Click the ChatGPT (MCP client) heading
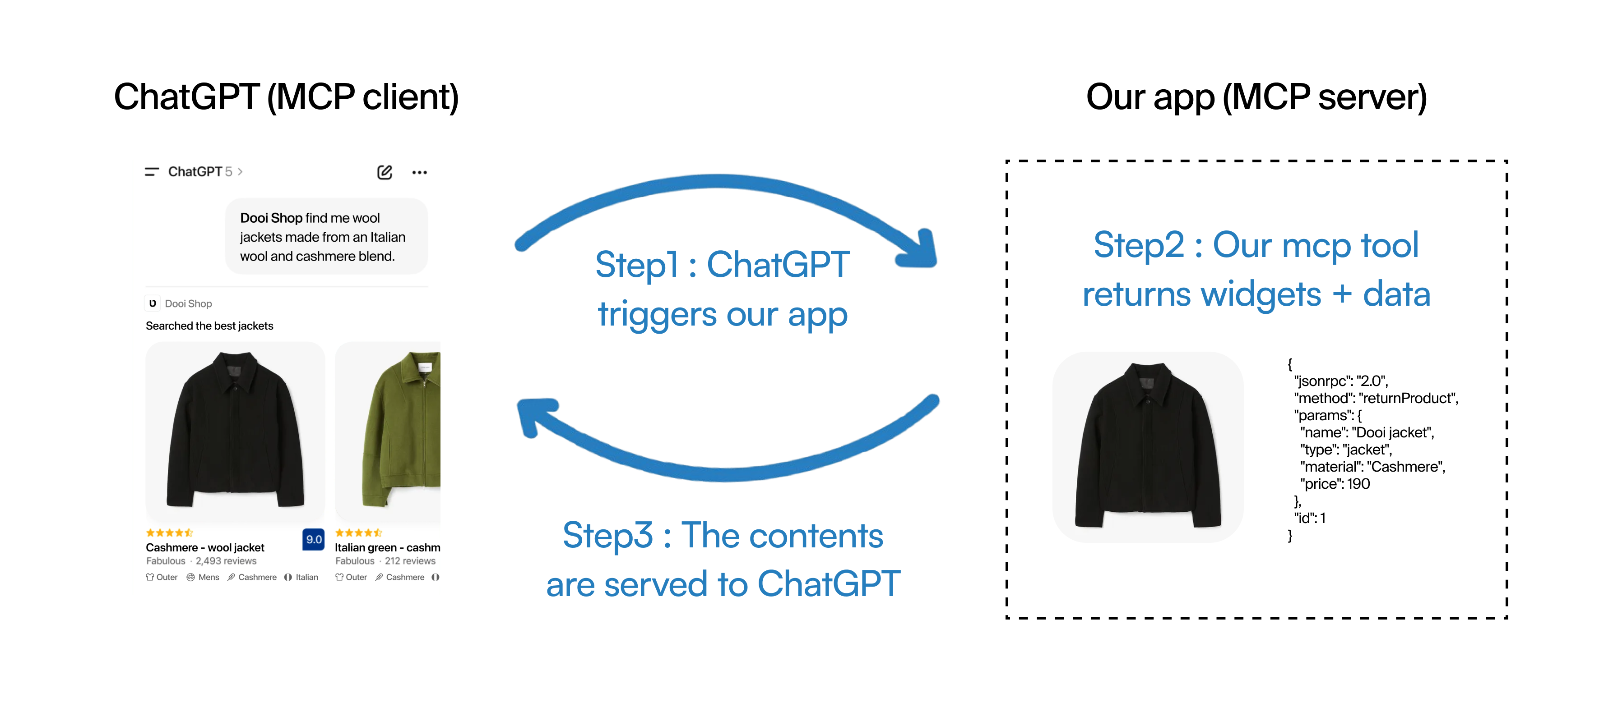tap(286, 97)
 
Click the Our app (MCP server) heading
tap(1256, 97)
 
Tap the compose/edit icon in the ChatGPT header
tap(385, 172)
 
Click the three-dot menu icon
tap(420, 172)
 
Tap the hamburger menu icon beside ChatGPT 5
tap(152, 171)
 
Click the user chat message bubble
tap(325, 237)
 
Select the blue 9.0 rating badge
tap(313, 539)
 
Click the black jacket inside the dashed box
tap(1148, 445)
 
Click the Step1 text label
tap(722, 289)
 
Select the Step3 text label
tap(723, 560)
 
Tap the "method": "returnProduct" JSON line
tap(1376, 398)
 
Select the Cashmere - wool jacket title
tap(205, 547)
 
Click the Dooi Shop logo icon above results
tap(152, 303)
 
